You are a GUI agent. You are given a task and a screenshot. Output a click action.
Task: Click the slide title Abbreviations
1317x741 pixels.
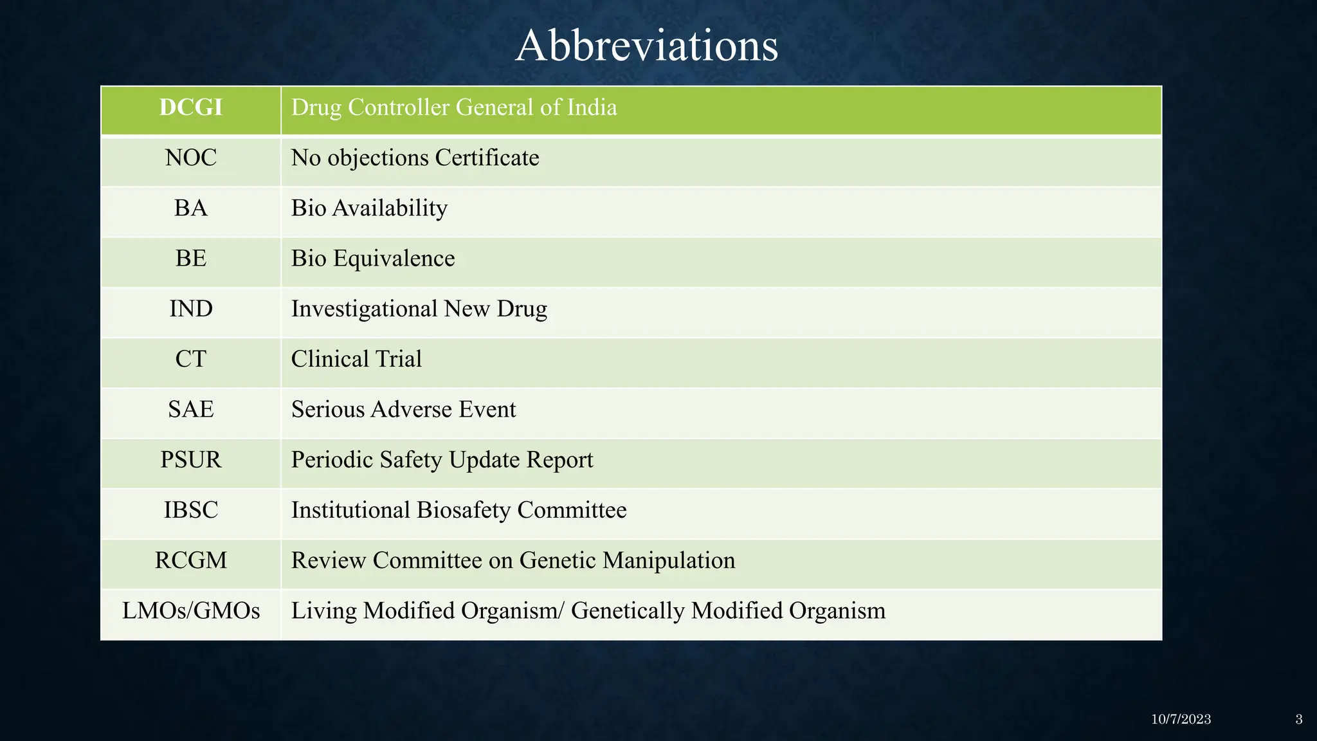646,46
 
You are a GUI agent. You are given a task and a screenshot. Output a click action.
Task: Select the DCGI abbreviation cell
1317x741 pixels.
191,107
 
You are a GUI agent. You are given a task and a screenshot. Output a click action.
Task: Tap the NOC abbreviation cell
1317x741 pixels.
191,158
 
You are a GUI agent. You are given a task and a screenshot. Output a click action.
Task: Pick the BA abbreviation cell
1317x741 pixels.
191,208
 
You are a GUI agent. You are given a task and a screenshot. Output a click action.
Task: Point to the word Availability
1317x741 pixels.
390,208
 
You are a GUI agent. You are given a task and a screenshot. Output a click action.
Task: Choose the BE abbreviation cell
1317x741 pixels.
191,259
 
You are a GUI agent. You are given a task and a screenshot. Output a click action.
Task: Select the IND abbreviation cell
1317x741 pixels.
191,309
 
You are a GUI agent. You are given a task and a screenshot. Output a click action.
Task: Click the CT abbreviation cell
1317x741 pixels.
191,359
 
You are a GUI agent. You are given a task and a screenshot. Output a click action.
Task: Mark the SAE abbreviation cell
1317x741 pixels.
191,409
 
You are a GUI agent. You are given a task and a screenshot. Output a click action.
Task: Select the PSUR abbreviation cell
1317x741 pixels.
191,460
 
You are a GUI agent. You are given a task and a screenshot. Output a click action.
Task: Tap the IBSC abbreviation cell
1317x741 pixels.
191,510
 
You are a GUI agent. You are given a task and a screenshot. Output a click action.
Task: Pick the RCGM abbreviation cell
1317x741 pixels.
191,560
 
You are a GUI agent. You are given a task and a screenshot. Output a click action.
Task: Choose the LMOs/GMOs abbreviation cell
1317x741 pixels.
191,610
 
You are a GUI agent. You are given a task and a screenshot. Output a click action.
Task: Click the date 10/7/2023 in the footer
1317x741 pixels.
1181,719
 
